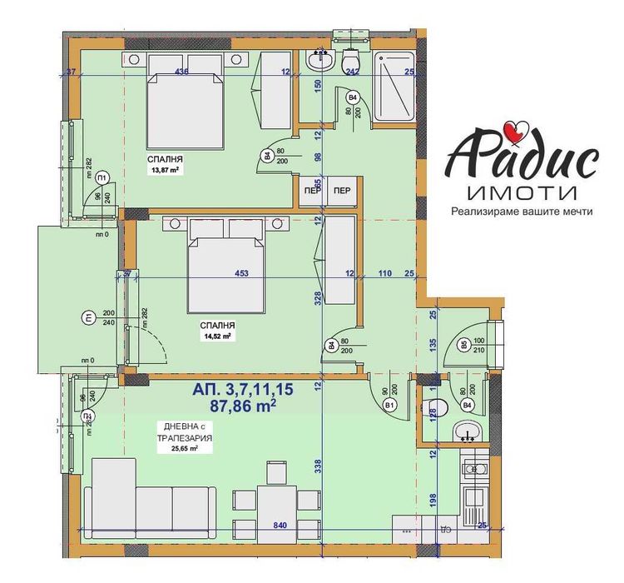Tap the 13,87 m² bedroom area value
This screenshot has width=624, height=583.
click(166, 170)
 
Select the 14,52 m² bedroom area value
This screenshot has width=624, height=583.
click(215, 336)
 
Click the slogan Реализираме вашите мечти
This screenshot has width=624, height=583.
click(522, 212)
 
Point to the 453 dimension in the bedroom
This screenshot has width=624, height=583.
click(243, 273)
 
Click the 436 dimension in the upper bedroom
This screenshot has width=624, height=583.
click(182, 72)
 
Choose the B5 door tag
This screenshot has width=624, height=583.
click(463, 345)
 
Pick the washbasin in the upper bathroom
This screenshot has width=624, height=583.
click(319, 59)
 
